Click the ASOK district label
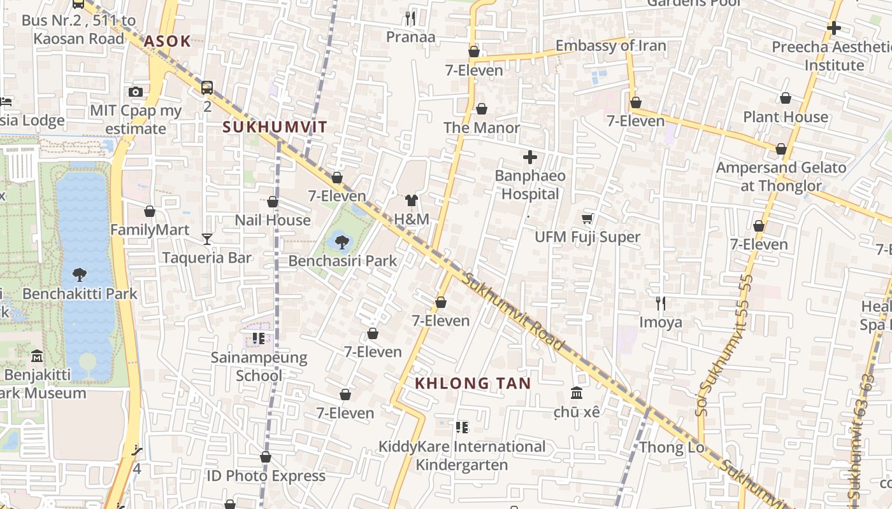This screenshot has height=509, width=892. pos(167,42)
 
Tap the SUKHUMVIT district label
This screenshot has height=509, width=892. pos(275,127)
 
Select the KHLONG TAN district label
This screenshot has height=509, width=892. pos(473,384)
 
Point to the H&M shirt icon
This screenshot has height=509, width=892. pos(412,200)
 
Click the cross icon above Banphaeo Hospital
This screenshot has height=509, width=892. pos(530,157)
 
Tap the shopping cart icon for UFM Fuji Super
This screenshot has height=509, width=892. pos(587,219)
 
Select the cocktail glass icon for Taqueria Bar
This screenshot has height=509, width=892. pos(207,239)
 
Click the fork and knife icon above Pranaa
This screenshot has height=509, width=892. pos(411,18)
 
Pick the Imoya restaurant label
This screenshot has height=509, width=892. pos(661,323)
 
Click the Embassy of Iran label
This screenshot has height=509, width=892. pos(610,46)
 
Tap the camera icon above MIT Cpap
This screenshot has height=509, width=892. pos(136,92)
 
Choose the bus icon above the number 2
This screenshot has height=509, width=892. pos(207,87)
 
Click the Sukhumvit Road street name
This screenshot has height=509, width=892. pos(514,312)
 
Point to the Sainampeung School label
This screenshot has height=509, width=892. pos(259,366)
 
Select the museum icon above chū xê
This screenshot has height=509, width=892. pos(577,393)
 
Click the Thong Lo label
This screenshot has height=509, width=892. pos(672,447)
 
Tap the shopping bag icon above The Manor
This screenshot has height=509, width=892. pos(482,109)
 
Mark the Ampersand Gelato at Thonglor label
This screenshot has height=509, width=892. pos(781,177)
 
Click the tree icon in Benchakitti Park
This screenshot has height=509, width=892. pos(80,275)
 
